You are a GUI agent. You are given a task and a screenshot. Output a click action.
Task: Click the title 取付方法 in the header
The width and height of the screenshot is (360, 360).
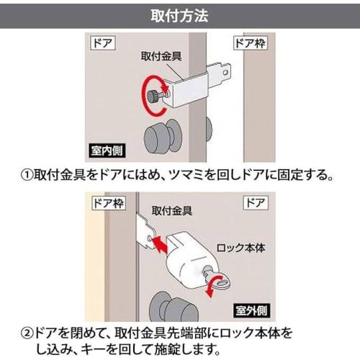tap(180, 14)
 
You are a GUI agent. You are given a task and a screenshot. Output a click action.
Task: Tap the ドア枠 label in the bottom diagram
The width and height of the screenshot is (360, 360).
tap(105, 203)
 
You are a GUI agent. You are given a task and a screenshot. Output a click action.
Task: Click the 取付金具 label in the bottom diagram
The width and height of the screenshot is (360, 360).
tap(171, 212)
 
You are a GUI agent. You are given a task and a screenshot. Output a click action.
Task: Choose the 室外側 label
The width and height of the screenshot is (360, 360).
tap(250, 312)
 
